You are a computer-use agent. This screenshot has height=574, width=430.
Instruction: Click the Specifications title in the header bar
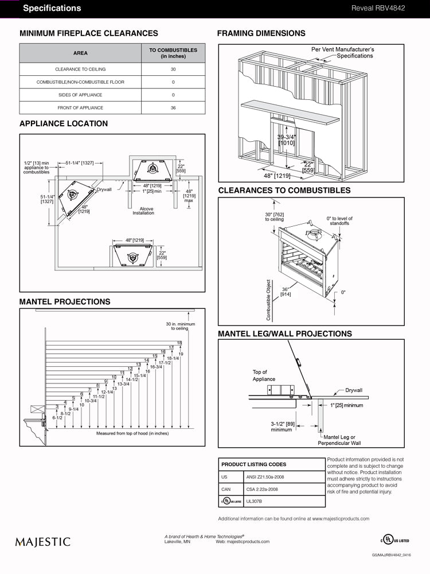click(52, 8)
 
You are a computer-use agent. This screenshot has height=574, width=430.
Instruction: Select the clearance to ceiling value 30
click(173, 69)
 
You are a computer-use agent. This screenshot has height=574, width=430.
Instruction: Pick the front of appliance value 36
click(173, 108)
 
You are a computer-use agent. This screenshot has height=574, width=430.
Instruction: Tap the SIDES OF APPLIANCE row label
click(80, 95)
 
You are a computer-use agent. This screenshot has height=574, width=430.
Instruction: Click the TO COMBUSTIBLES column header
click(173, 53)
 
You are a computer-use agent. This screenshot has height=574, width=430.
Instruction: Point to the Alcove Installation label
click(143, 211)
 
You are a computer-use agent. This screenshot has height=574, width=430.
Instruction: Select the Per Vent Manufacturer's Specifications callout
click(342, 53)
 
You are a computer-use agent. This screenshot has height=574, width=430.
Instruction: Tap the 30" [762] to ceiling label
click(274, 217)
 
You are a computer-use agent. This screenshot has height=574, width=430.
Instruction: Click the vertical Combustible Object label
click(268, 299)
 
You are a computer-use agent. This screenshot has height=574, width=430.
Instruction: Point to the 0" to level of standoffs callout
click(339, 222)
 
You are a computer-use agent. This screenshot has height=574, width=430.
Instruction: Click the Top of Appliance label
click(264, 375)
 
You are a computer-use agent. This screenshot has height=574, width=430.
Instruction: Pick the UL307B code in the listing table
click(253, 501)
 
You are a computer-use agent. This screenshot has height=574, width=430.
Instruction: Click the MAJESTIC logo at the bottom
click(43, 541)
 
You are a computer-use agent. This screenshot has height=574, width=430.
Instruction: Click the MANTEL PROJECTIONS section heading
click(65, 301)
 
